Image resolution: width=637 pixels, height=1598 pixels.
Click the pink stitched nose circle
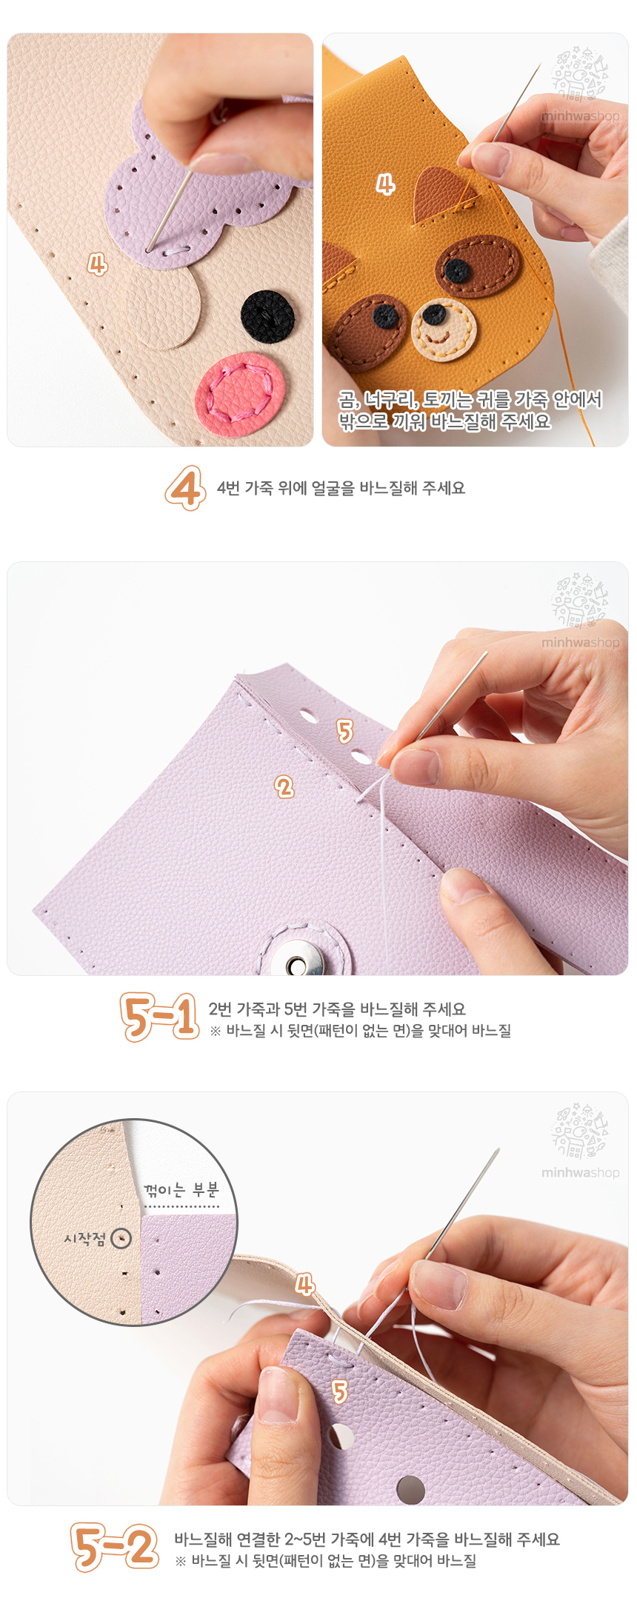click(239, 394)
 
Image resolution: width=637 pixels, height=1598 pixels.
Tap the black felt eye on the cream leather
click(267, 316)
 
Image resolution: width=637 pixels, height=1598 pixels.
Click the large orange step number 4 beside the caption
click(185, 488)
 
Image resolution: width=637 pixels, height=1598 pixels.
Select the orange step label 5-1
click(160, 1017)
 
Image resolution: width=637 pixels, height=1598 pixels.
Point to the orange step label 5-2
click(115, 1547)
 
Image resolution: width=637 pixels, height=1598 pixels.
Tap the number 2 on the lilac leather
click(284, 786)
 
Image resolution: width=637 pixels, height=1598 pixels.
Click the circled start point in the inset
click(121, 1238)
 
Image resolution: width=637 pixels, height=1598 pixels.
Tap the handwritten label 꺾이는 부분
click(181, 1190)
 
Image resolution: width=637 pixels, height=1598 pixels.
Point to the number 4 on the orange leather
click(385, 184)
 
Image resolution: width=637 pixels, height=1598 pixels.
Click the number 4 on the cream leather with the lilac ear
click(97, 264)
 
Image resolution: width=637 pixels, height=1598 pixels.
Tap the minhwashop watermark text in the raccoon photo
click(580, 116)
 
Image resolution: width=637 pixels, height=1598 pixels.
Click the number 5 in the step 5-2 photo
click(339, 1392)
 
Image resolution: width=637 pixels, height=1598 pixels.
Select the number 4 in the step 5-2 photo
click(304, 1283)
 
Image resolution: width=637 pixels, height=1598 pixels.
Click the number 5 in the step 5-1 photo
click(344, 731)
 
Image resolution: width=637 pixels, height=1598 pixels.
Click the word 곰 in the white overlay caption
click(347, 401)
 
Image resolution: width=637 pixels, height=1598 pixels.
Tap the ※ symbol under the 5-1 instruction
click(215, 1031)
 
